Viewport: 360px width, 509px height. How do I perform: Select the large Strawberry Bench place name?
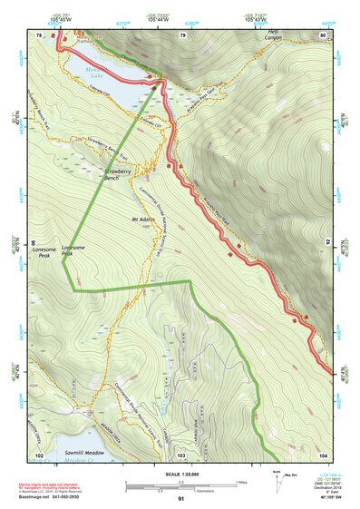[124, 171]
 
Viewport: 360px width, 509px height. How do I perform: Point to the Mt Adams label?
[144, 220]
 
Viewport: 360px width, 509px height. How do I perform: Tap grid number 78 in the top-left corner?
[39, 34]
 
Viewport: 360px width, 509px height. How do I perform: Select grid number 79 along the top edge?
[182, 34]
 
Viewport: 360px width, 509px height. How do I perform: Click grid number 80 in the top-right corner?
[323, 34]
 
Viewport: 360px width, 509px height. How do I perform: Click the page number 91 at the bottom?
[180, 499]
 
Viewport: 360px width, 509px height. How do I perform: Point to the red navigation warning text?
[63, 486]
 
